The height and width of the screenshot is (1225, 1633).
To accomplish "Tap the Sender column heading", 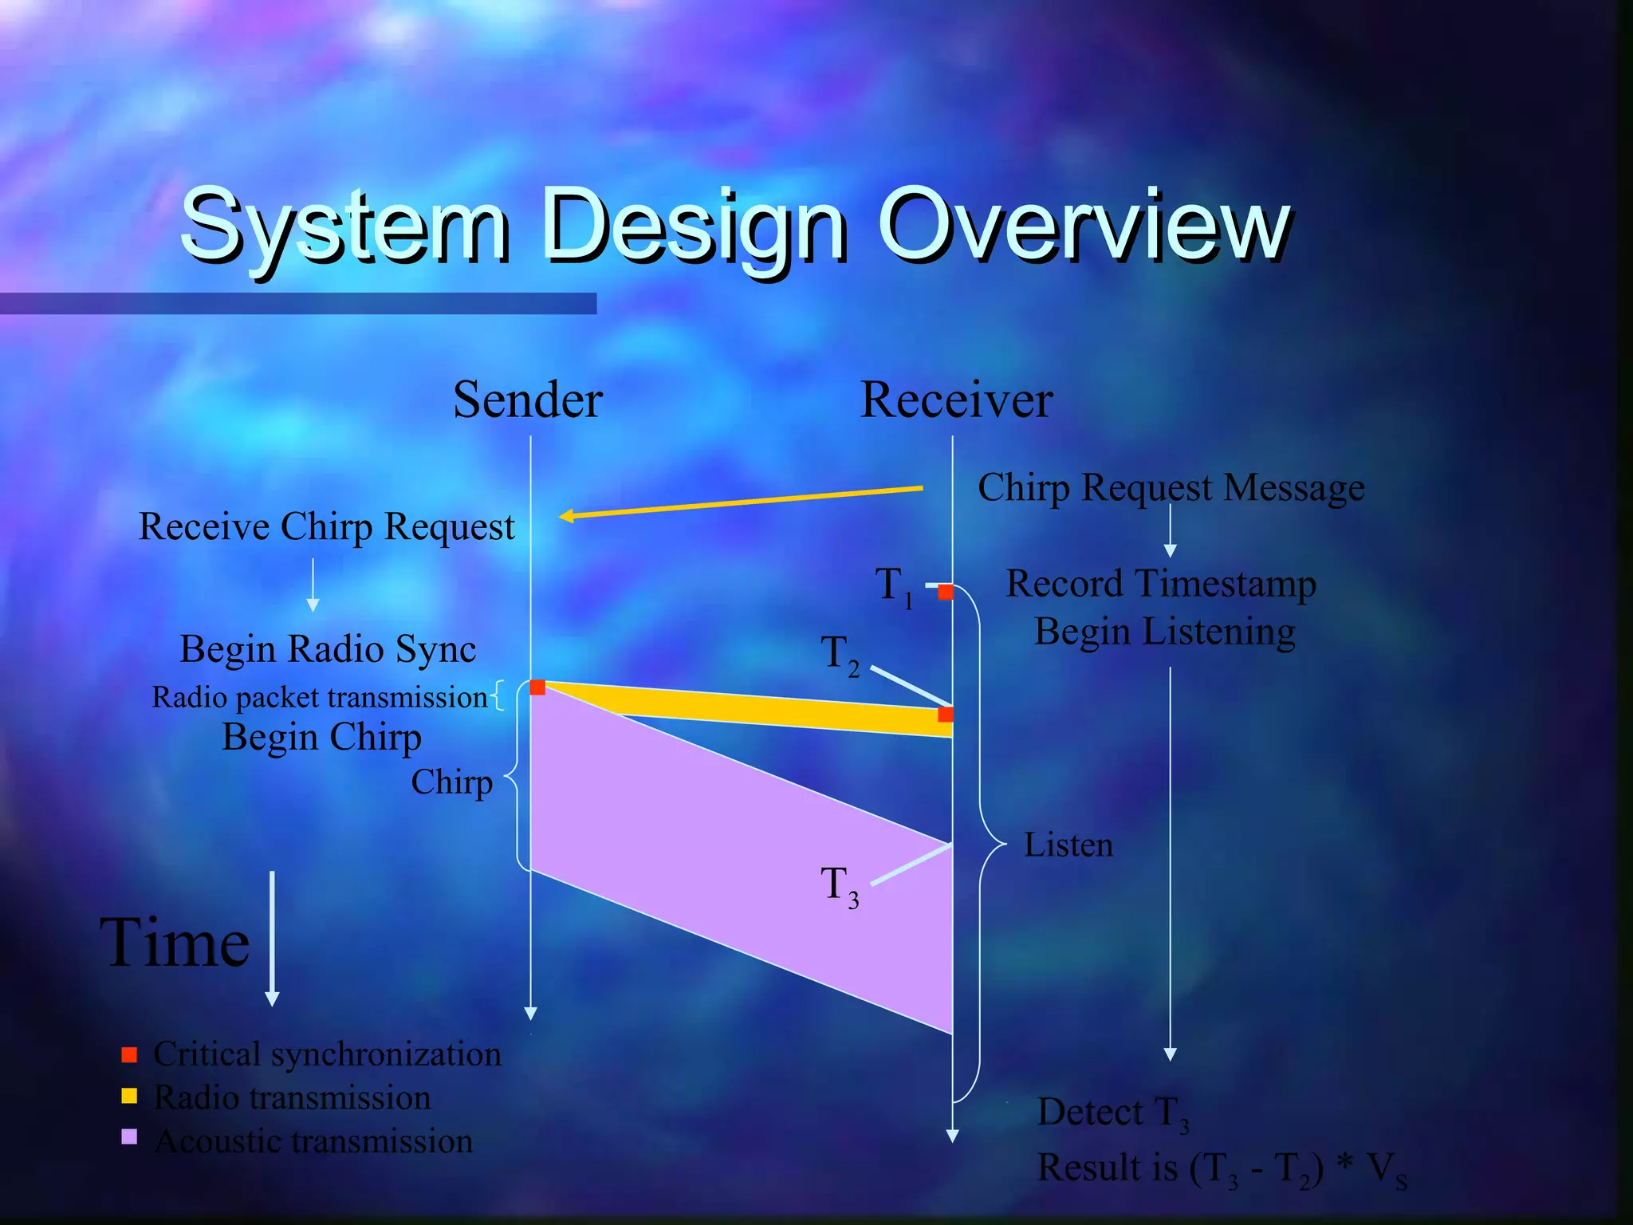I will (x=527, y=400).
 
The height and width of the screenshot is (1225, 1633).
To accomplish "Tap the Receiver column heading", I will (x=956, y=400).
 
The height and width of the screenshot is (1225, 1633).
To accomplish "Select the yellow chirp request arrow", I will (x=742, y=502).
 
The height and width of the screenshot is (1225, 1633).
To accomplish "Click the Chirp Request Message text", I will (x=1171, y=487).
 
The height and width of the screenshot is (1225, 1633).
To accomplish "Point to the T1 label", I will (x=893, y=586).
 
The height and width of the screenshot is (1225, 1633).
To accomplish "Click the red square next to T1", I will (x=946, y=592).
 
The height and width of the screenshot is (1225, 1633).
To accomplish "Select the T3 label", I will (x=839, y=886).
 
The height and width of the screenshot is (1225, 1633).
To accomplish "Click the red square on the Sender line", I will (x=537, y=687).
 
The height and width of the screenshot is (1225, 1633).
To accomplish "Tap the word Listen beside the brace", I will (x=1068, y=845).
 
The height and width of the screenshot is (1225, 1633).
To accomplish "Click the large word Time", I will (x=175, y=943).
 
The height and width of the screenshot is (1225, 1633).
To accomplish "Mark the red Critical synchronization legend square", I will (x=129, y=1055).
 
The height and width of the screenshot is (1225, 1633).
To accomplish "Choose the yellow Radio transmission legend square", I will (x=129, y=1096).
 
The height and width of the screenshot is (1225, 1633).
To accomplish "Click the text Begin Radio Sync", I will (x=328, y=649).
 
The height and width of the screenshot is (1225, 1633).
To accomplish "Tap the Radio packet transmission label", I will (x=319, y=697).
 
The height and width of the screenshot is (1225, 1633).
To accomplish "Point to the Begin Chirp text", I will (x=321, y=737).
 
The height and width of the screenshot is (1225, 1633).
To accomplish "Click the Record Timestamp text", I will (x=1160, y=584).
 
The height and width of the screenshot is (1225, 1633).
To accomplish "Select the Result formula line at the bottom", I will (x=1221, y=1169).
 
